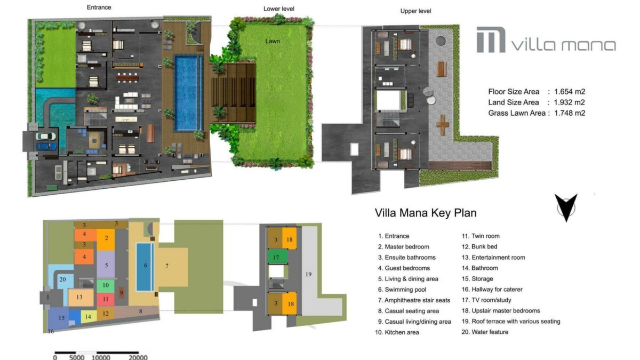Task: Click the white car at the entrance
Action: [46, 137]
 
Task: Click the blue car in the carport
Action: [46, 146]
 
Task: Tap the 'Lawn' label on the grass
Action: [273, 41]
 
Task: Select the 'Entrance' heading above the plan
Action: [99, 7]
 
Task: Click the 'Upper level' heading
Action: [415, 11]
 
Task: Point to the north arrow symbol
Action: [566, 207]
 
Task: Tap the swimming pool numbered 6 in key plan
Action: [145, 267]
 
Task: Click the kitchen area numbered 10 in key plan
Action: [106, 285]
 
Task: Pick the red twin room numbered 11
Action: [106, 299]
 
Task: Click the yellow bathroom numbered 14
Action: [89, 317]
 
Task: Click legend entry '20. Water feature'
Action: [485, 332]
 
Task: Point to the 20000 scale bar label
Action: [138, 357]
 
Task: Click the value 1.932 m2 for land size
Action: [570, 102]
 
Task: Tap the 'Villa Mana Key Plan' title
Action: [426, 213]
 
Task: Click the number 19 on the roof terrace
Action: [308, 274]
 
